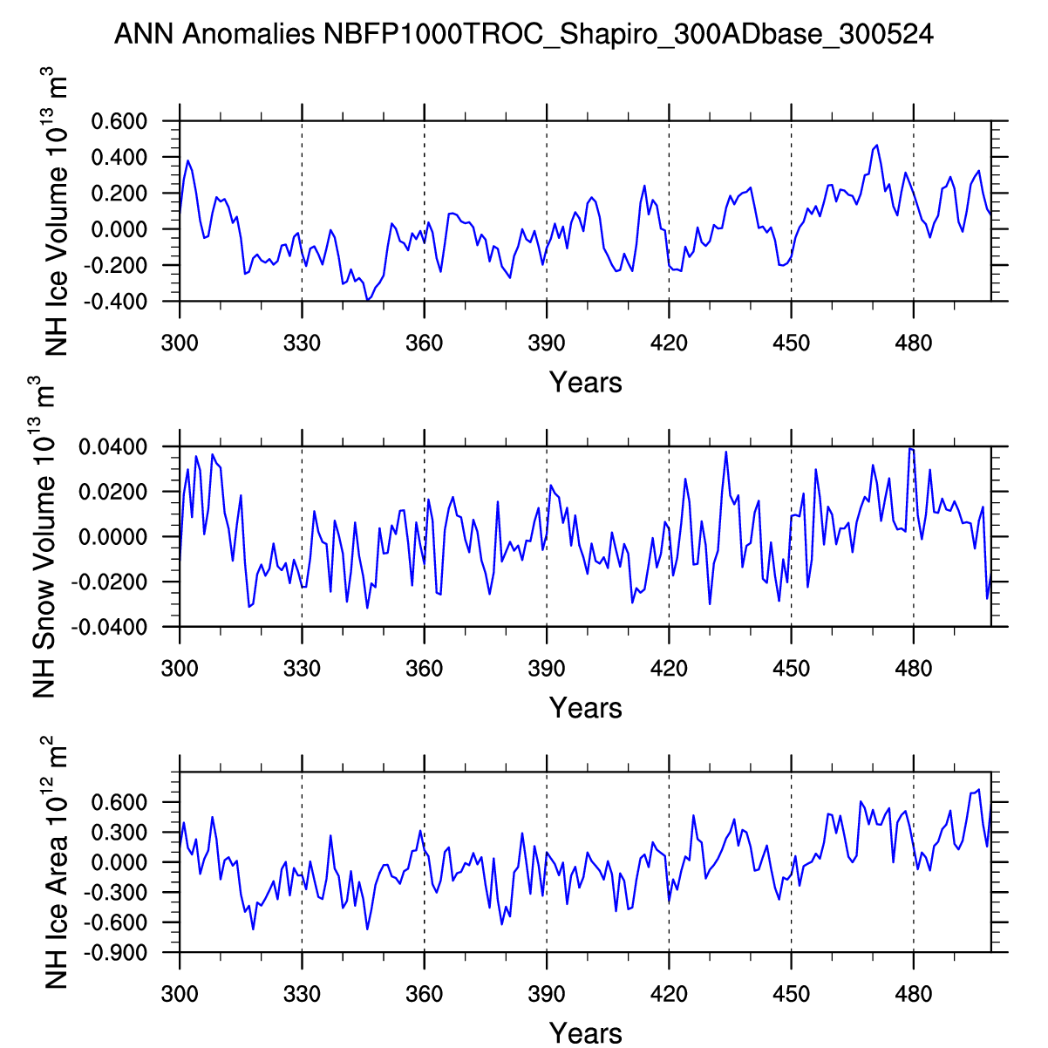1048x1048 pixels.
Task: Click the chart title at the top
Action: [524, 35]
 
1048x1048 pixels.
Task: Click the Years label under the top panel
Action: [585, 383]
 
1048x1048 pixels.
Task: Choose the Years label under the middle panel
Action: [585, 708]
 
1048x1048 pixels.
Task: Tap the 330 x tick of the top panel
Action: [302, 343]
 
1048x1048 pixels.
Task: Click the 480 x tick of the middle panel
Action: [913, 669]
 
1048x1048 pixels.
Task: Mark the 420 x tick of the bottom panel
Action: [669, 994]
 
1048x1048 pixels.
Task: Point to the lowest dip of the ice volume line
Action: [368, 300]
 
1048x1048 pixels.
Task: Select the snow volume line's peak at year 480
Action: [909, 448]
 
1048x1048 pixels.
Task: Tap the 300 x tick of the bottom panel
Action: [180, 994]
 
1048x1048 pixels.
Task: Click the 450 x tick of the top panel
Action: [791, 343]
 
